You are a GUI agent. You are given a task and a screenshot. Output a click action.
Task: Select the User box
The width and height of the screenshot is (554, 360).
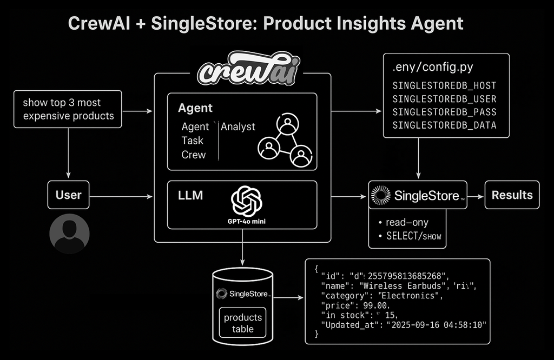pos(68,195)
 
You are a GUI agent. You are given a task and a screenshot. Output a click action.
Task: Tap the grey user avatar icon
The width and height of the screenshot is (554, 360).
pos(69,234)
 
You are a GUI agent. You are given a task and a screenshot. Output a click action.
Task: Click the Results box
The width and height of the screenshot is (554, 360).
pos(512,195)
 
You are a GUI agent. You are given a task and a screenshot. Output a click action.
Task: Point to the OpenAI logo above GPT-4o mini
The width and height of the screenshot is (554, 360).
pos(246,201)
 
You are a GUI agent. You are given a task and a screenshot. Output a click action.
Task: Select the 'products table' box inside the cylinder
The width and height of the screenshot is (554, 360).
pos(243,323)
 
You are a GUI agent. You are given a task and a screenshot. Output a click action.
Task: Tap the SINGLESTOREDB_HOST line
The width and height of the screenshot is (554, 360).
pos(444,86)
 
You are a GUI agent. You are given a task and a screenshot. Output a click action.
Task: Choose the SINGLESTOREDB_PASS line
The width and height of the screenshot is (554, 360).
pos(444,112)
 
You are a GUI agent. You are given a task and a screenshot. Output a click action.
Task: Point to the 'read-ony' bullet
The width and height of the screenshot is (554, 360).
pos(407,222)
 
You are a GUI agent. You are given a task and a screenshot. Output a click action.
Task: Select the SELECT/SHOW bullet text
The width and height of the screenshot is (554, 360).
pos(412,236)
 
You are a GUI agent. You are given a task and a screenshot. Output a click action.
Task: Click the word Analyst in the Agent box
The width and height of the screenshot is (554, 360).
pos(238,126)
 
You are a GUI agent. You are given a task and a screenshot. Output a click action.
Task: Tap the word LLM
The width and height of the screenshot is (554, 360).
pos(190,196)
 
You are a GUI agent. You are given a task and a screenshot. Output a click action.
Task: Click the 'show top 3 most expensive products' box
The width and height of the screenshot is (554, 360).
pos(68,109)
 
